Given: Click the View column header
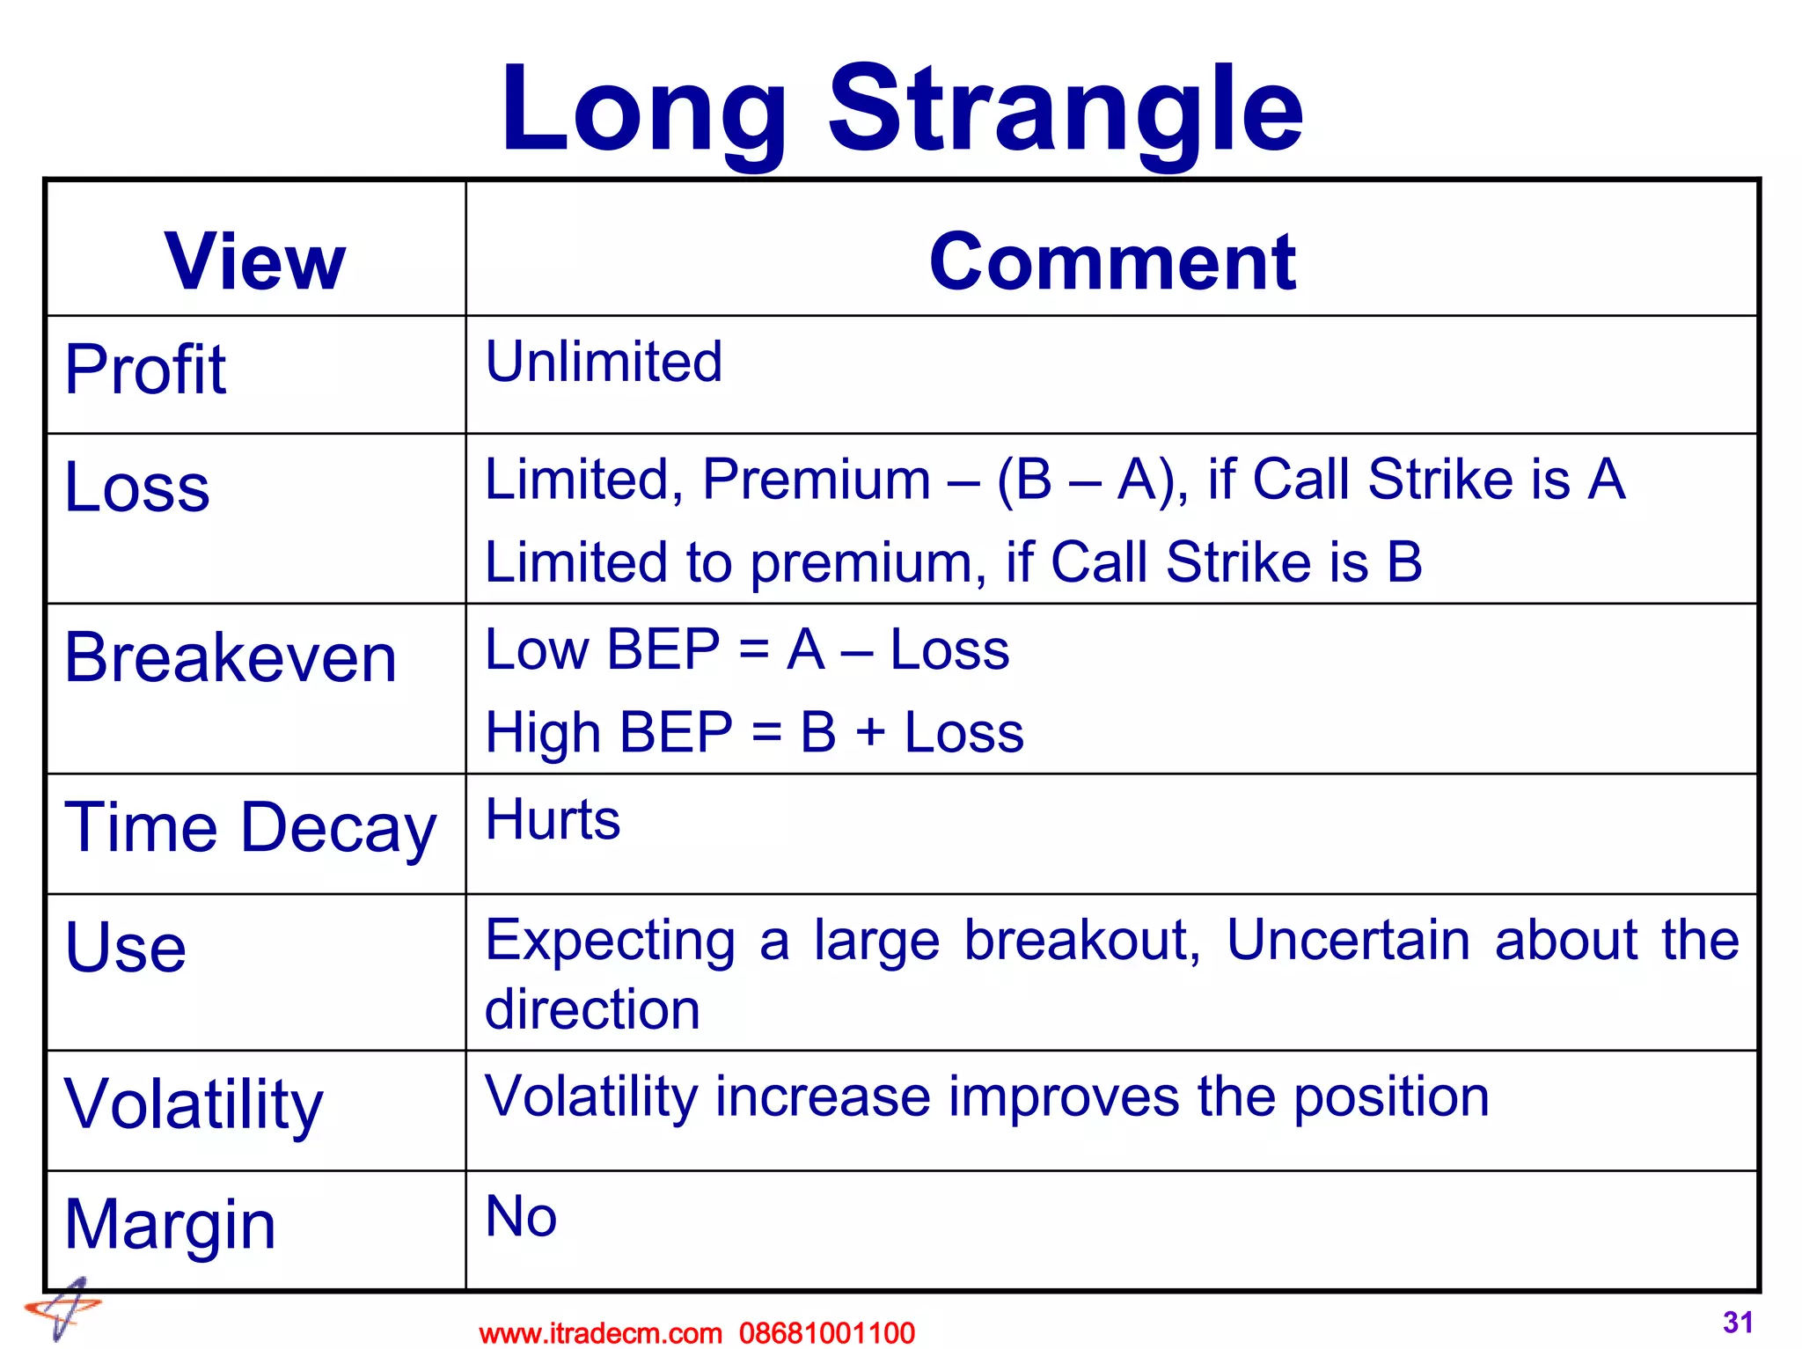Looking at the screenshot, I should click(255, 261).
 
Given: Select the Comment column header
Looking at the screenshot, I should click(1112, 261).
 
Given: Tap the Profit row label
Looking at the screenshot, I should click(145, 370).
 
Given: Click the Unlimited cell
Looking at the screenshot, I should click(604, 362).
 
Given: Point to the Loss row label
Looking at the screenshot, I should click(137, 488).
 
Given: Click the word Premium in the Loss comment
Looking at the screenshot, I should click(816, 480).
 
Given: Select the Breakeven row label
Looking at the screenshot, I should click(231, 658).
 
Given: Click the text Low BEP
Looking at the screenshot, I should click(603, 650).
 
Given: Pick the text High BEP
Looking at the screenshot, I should click(609, 733).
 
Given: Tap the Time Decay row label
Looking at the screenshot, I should click(251, 829).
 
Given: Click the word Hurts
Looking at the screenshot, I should click(553, 820).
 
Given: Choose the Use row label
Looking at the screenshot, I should click(126, 948).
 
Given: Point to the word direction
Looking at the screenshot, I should click(592, 1009).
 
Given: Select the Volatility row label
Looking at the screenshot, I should click(194, 1105).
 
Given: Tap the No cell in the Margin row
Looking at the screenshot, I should click(521, 1217).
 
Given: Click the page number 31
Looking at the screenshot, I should click(1738, 1322).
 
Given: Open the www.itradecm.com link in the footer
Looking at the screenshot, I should click(600, 1333).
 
